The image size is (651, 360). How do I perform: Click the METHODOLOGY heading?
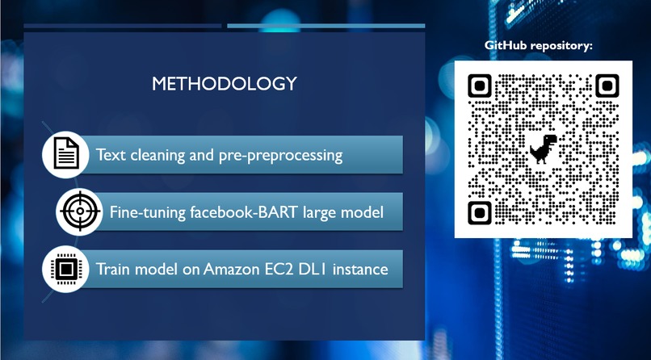[225, 83]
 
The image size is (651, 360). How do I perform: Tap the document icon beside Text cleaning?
[66, 153]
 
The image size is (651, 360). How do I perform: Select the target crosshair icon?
[80, 212]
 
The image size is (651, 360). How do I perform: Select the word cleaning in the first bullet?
[155, 154]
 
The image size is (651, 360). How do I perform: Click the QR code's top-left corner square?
[480, 86]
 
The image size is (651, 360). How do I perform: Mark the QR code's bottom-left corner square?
[480, 212]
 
